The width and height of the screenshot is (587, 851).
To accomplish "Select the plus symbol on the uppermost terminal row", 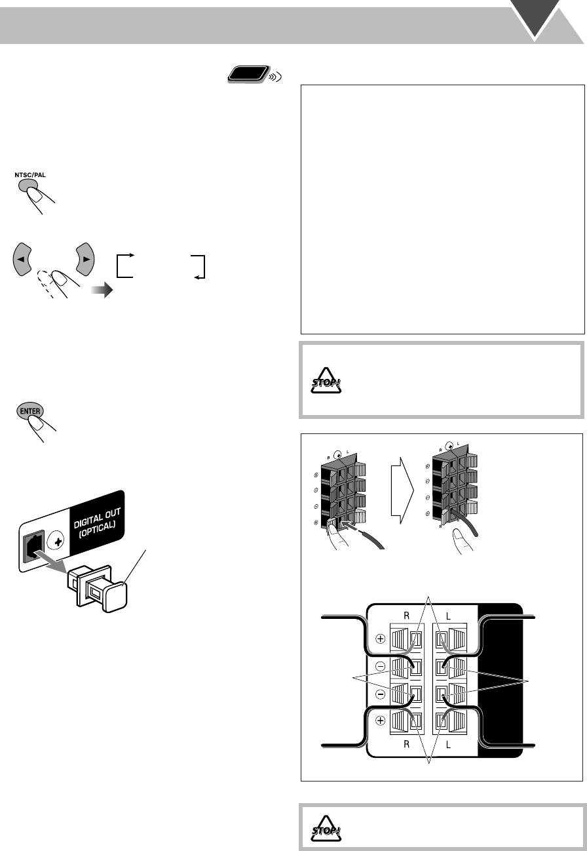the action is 379,638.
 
